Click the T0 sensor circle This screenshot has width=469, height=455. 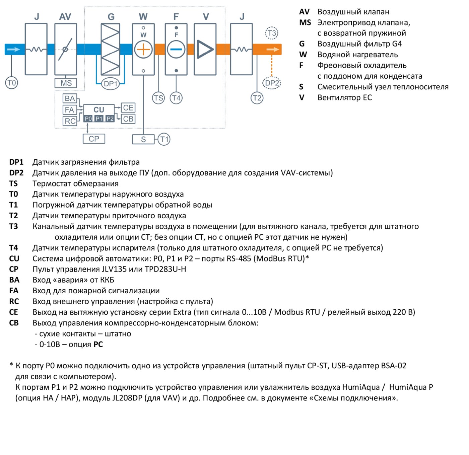[x=12, y=83]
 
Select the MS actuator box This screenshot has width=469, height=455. [x=66, y=83]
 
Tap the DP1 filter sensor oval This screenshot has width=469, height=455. [x=110, y=84]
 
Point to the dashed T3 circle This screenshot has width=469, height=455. [x=272, y=33]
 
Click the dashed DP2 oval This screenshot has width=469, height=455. [x=272, y=83]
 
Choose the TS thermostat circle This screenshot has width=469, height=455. [x=158, y=98]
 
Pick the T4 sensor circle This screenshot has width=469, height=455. [x=176, y=98]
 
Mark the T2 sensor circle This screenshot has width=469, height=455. [x=257, y=98]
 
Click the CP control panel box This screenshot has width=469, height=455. [x=94, y=139]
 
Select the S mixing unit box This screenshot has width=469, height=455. [x=143, y=140]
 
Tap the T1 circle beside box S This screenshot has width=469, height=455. [x=164, y=140]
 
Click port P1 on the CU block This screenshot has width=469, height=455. [x=99, y=119]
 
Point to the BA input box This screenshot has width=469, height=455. [x=70, y=98]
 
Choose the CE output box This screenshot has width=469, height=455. [x=128, y=108]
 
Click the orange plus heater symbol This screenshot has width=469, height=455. [x=143, y=49]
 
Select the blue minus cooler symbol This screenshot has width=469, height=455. [x=176, y=49]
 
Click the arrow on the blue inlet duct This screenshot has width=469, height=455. [x=13, y=49]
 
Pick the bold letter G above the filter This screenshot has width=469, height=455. [x=111, y=17]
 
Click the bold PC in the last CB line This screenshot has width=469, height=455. [x=98, y=345]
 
